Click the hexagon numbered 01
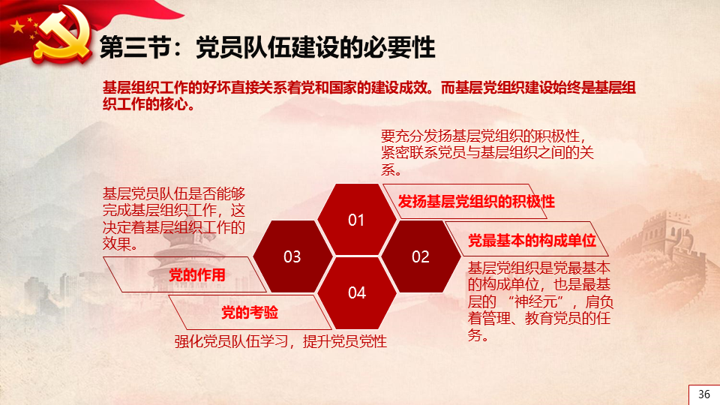coord(356,220)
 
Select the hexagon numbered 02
coord(421,256)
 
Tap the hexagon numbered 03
coord(292,256)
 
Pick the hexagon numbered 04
coord(357,292)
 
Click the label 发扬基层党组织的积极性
coord(476,201)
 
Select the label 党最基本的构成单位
coord(532,240)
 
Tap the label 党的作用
coord(197,274)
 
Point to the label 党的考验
coord(250,312)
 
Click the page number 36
coord(704,394)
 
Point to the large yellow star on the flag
coord(17,27)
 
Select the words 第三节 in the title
coord(136,47)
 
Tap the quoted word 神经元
coord(535,301)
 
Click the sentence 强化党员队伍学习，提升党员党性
coord(280,341)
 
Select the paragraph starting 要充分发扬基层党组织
coord(487,152)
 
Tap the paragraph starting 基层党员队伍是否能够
coord(174,218)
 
